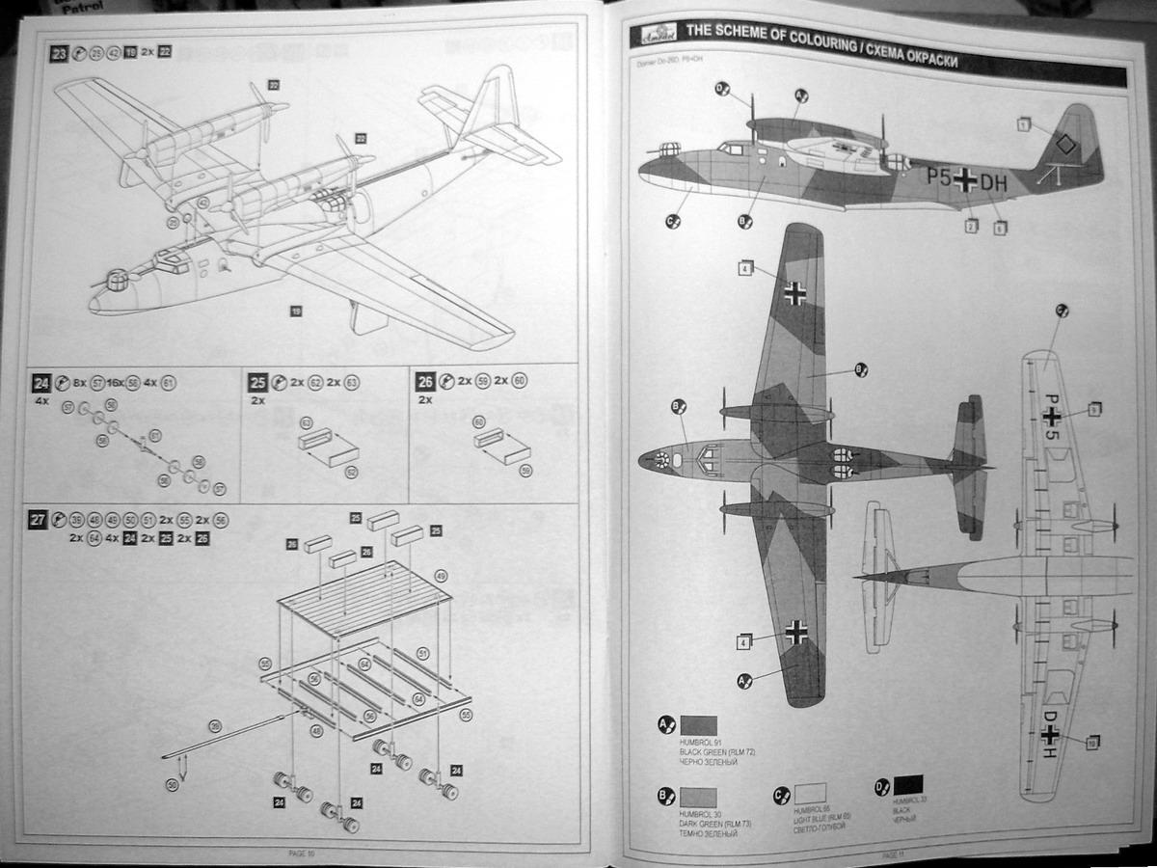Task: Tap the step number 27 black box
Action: pos(38,520)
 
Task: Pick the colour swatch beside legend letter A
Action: pos(699,725)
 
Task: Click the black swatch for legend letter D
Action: pos(907,785)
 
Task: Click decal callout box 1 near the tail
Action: pos(1022,124)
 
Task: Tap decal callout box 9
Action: pos(1093,410)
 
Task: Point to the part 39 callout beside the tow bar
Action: pos(214,725)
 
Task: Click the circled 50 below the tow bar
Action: pos(172,785)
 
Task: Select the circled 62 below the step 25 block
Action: pos(351,472)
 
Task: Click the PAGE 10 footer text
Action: pos(301,853)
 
